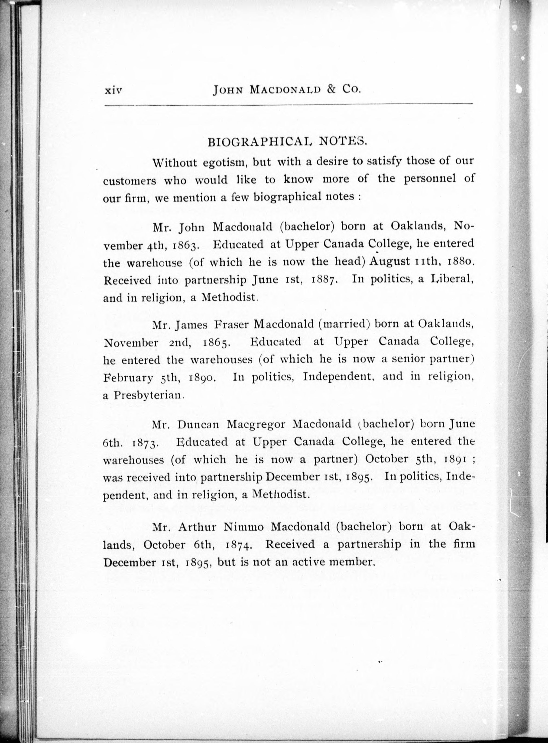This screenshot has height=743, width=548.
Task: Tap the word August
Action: point(390,262)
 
